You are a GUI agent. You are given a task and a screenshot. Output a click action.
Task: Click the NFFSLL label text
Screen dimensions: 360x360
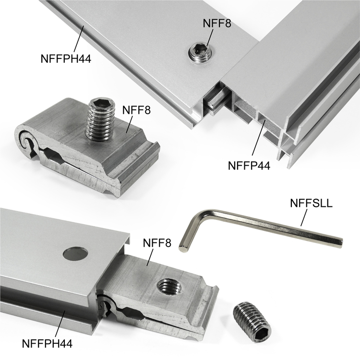click(311, 203)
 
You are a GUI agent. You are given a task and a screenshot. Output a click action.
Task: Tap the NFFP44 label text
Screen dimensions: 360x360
click(249, 165)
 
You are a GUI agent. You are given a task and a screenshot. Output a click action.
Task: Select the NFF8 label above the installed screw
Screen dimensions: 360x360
click(217, 23)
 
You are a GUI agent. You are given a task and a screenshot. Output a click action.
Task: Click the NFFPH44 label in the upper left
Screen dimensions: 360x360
click(66, 59)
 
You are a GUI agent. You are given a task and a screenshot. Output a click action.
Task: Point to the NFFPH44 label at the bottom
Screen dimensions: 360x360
click(47, 344)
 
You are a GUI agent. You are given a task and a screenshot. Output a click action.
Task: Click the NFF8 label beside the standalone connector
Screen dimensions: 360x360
click(136, 110)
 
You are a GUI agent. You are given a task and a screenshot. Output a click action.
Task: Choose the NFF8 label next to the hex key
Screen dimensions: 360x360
click(157, 243)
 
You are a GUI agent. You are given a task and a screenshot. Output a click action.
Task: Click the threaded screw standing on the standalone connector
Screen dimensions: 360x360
click(100, 119)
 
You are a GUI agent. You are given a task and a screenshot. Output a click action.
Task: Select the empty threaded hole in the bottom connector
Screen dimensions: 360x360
click(169, 287)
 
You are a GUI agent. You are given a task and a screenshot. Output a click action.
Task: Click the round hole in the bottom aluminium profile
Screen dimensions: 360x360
click(75, 254)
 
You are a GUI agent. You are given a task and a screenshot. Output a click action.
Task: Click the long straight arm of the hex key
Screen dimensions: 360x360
click(276, 228)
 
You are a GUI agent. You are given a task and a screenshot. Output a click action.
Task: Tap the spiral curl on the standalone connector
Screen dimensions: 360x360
click(26, 141)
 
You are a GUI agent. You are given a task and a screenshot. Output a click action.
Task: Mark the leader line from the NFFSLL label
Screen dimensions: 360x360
click(303, 217)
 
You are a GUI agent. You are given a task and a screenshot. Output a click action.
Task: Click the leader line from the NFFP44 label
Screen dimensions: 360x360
click(259, 137)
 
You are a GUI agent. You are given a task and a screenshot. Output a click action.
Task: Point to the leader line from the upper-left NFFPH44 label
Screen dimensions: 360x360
click(79, 39)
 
